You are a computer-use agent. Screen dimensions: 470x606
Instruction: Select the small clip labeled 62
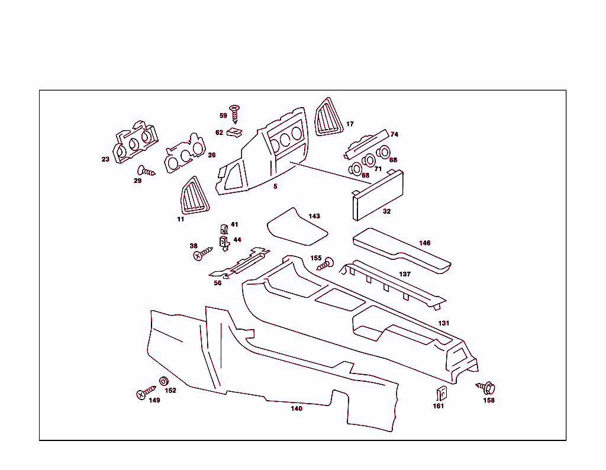tap(236, 131)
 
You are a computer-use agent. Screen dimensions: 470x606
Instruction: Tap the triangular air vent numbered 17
tap(328, 118)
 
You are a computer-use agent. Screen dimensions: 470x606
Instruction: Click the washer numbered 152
tap(164, 381)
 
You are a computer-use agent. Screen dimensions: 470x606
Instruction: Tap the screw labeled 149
tap(144, 393)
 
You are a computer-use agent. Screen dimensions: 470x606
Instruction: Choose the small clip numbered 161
tap(440, 393)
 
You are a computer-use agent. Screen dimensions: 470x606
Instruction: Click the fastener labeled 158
tap(487, 388)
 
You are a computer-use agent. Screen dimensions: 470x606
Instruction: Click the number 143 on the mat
tap(314, 216)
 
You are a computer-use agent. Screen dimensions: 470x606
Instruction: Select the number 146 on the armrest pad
tap(424, 243)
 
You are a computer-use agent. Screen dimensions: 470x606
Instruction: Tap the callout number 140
tap(296, 408)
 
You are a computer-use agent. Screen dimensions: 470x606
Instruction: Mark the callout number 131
tap(444, 323)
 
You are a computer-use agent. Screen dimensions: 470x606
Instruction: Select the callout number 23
tap(105, 159)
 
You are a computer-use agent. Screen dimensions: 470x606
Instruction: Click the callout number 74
tap(394, 134)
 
